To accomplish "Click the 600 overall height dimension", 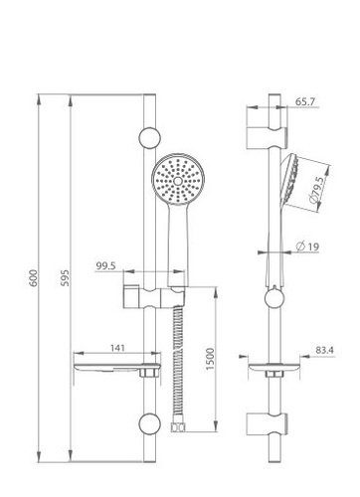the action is pos(33,278).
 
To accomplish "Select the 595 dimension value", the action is pos(66,278).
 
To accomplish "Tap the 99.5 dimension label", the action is pos(105,265).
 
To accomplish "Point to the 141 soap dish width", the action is pos(117,348).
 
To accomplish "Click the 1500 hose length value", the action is pos(210,359).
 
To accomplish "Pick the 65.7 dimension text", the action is pos(305,101).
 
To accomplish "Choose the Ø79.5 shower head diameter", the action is pos(315,190).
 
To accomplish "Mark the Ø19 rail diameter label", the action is pos(307,247).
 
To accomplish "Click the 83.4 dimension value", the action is pos(324,350).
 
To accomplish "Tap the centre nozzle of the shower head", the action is pos(178,181).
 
